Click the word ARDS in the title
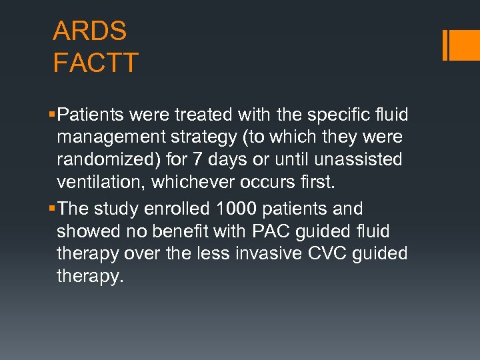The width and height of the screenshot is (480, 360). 89,31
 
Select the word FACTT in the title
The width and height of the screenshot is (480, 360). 95,63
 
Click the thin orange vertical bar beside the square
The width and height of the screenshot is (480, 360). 445,45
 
